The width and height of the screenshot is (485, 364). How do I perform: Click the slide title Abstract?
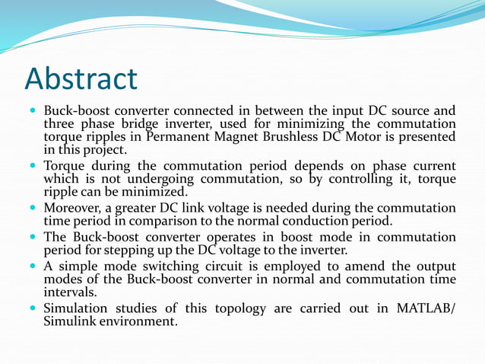click(x=81, y=78)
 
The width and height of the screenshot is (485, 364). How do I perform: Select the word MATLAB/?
click(x=423, y=308)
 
